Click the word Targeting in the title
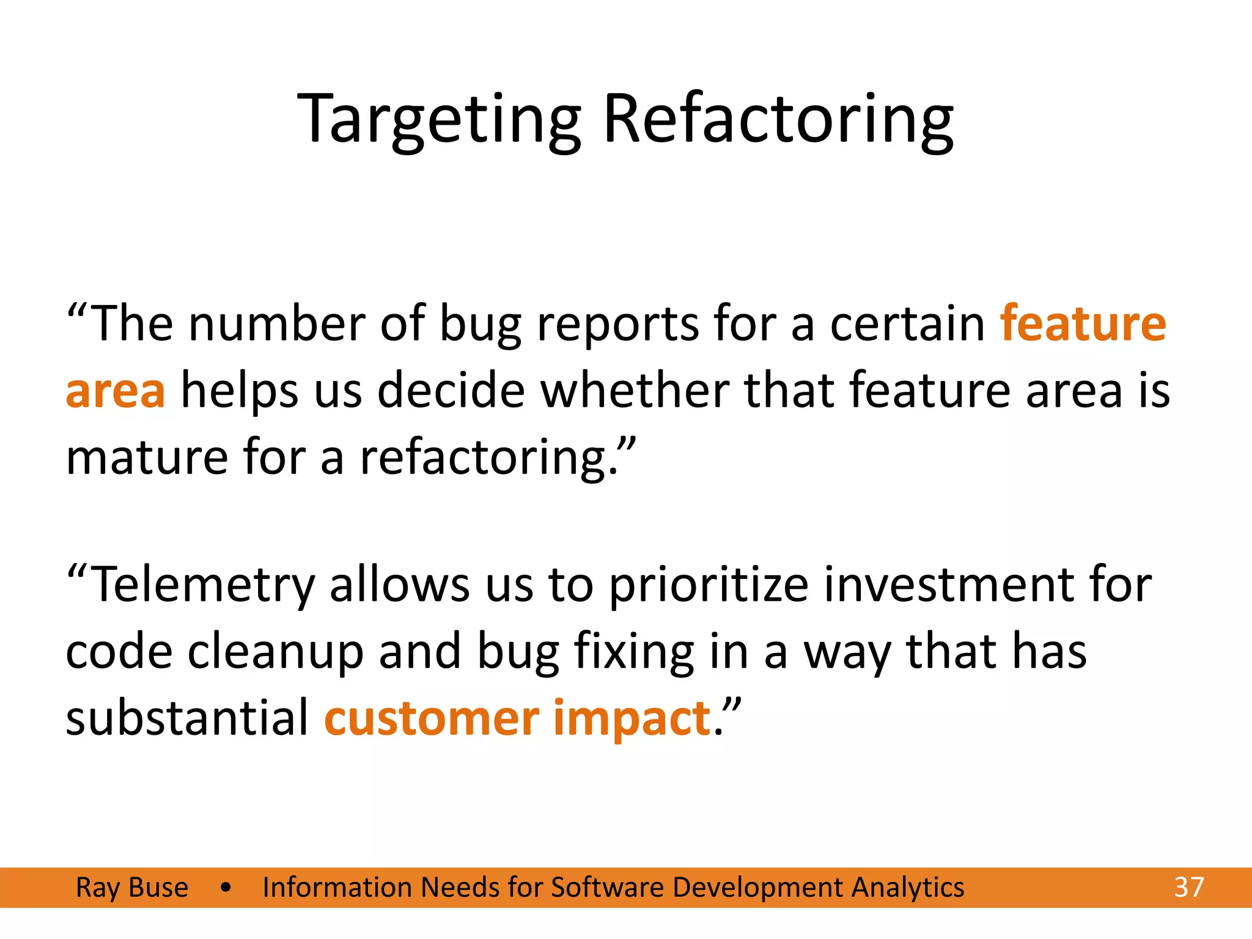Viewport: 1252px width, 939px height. (x=439, y=119)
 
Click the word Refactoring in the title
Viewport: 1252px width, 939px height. (x=778, y=119)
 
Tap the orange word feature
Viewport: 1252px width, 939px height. (x=1083, y=324)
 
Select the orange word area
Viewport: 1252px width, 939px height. (x=116, y=391)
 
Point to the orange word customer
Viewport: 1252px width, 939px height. (x=432, y=718)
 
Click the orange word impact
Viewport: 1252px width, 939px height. (x=632, y=718)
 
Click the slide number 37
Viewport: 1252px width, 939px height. (x=1188, y=887)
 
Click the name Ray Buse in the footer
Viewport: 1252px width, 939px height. (x=132, y=887)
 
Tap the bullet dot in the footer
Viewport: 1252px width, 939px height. (x=226, y=888)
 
